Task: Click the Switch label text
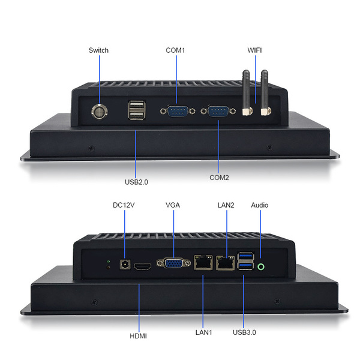click(x=98, y=50)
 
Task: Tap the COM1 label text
click(x=175, y=50)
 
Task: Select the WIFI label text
click(x=255, y=50)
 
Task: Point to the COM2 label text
click(x=218, y=178)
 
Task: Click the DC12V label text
click(x=124, y=205)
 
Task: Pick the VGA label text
click(x=173, y=205)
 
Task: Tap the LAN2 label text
click(x=226, y=205)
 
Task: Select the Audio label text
click(x=260, y=205)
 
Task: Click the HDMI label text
click(x=138, y=336)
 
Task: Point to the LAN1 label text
click(x=203, y=332)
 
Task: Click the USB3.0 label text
click(x=244, y=332)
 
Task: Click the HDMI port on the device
click(x=143, y=266)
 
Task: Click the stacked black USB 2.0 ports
click(x=136, y=112)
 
